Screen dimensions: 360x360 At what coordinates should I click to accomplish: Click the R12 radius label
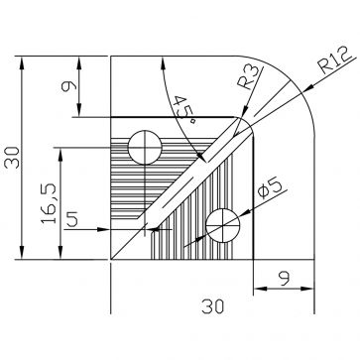(335, 60)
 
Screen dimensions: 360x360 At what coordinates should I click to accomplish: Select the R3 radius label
(250, 77)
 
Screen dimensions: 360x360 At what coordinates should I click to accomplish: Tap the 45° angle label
(184, 110)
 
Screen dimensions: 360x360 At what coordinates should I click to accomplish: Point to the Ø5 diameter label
(270, 188)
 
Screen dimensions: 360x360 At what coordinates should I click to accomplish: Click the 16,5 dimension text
(50, 203)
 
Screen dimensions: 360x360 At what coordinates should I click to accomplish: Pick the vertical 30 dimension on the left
(13, 158)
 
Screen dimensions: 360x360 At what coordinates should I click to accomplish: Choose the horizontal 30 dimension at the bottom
(213, 306)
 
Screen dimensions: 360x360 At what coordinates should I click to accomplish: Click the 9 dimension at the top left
(69, 86)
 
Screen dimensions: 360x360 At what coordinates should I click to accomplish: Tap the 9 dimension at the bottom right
(284, 279)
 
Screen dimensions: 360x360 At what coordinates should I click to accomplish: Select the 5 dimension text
(72, 219)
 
